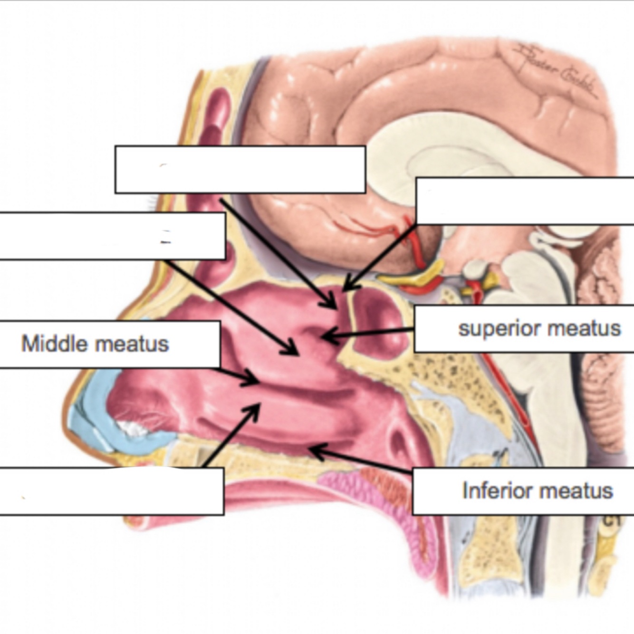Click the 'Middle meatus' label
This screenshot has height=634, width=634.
tap(95, 344)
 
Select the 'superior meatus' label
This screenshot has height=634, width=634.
tap(539, 328)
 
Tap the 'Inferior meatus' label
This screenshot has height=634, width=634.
tap(537, 490)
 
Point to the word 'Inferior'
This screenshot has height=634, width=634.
tap(494, 490)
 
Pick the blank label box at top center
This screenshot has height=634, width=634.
tap(240, 170)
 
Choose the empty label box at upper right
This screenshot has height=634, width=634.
tap(525, 201)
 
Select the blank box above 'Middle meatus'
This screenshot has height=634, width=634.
tap(112, 236)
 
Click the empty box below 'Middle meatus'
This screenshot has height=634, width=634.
tap(112, 491)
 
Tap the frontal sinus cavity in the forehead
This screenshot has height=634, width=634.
tap(216, 114)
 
